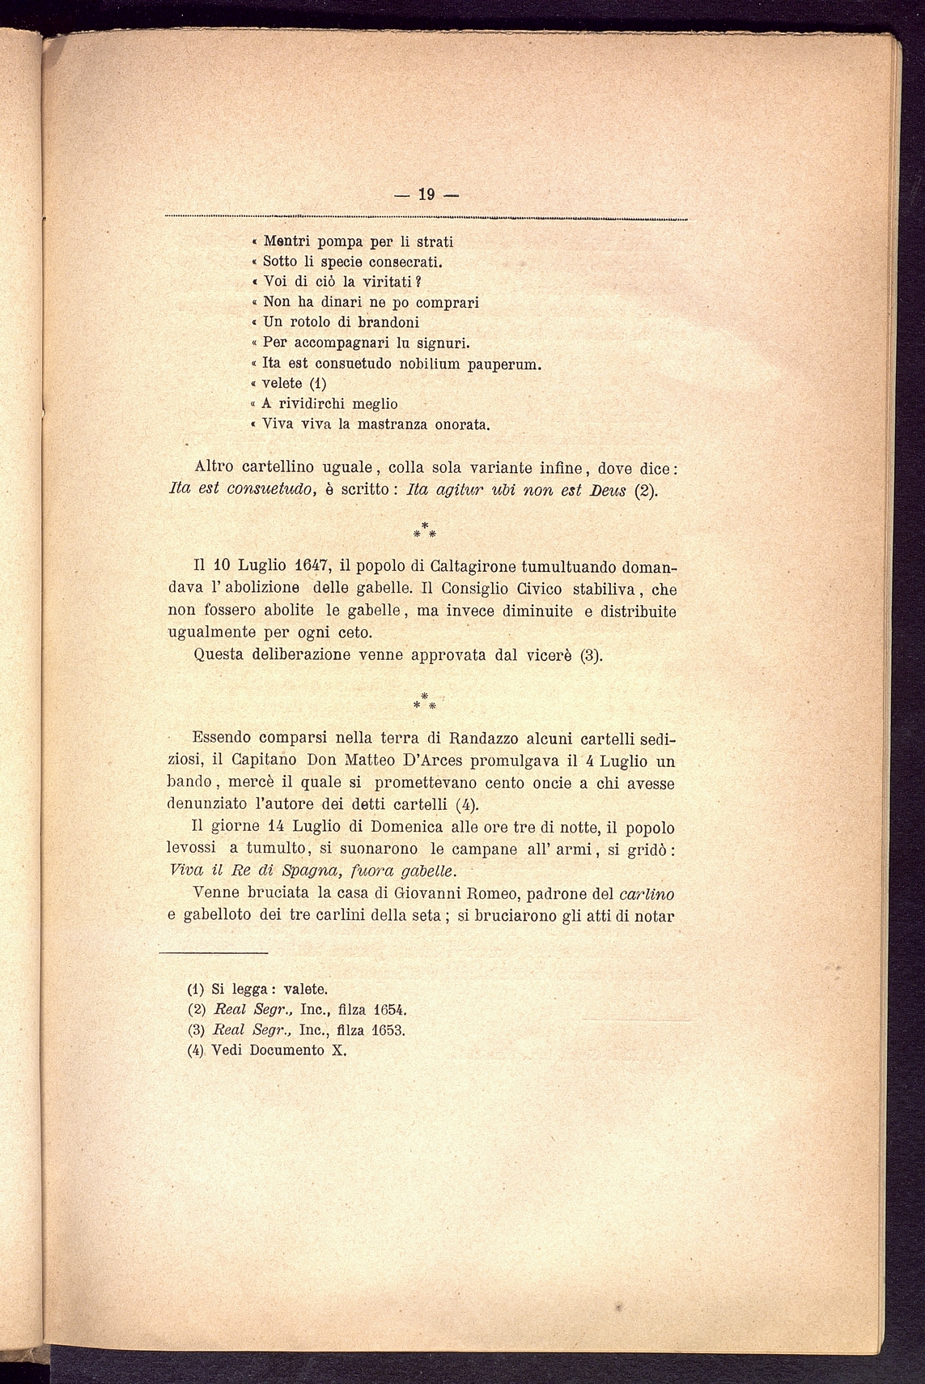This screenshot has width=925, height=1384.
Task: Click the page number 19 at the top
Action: (x=426, y=194)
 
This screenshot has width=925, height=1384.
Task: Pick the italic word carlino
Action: (x=647, y=894)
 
